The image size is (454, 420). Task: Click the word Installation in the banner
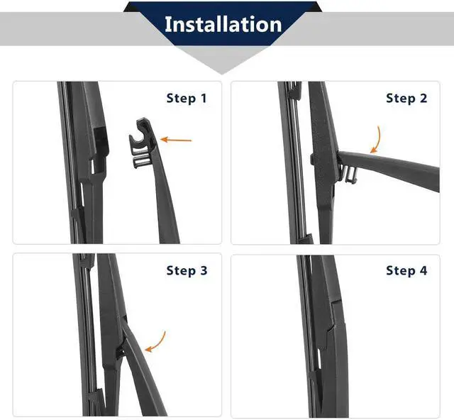click(223, 24)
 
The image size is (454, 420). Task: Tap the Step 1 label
click(187, 98)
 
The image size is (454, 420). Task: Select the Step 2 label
click(406, 98)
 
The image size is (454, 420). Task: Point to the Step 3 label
click(187, 270)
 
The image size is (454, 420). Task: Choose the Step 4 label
click(406, 270)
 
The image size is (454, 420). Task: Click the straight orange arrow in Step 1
click(176, 140)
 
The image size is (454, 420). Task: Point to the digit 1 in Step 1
click(204, 98)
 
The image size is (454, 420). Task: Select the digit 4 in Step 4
click(423, 270)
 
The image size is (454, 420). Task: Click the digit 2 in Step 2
click(423, 98)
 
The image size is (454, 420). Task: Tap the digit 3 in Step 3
click(204, 270)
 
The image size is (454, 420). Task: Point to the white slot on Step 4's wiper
click(319, 358)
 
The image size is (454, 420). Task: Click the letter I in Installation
click(167, 24)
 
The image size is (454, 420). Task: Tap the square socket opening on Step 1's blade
click(100, 138)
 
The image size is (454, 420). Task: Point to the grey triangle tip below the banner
click(222, 74)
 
